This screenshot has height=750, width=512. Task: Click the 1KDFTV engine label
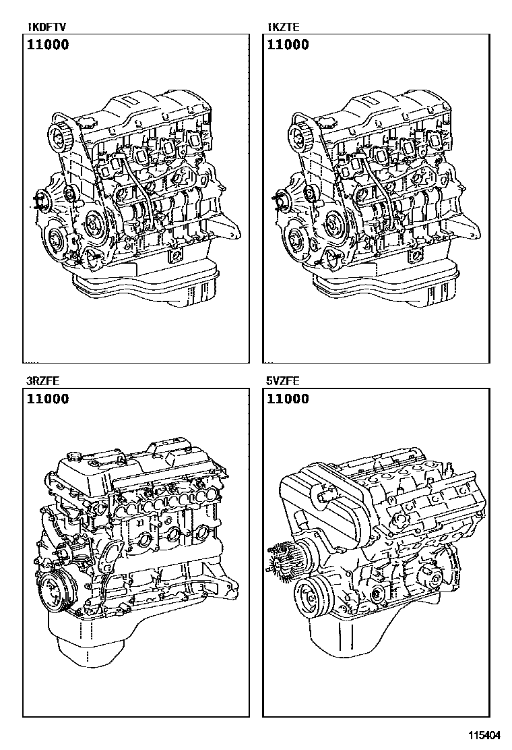coord(46,27)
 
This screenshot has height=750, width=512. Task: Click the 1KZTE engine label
coord(284,27)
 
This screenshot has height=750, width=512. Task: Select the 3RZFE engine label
coord(43,381)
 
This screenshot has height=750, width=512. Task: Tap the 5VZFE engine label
coord(283,381)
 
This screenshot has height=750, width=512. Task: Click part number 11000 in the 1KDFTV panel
coord(48,45)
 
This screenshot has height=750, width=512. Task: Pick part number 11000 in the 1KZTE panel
coord(288,45)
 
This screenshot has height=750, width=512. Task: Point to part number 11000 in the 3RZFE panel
coord(48,399)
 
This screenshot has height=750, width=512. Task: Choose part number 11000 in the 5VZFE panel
coord(288,399)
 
